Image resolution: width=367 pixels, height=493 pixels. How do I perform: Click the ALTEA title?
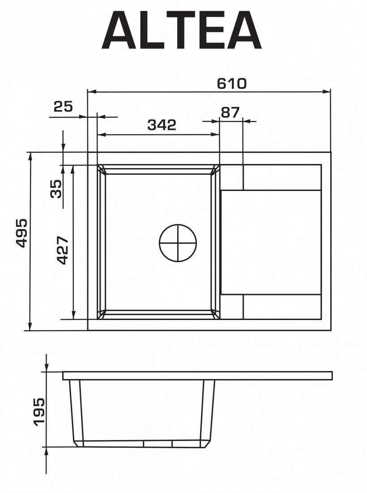point(181,30)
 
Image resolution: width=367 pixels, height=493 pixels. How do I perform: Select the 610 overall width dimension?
point(232,84)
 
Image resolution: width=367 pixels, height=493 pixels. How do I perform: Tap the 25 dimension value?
point(63,107)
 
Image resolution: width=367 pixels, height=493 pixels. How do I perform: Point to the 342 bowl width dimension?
point(162,125)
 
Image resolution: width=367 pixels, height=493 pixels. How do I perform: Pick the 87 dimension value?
point(230,112)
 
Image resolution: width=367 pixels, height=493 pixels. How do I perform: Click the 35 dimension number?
point(56,189)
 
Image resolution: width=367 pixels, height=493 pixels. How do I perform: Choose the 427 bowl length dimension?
point(63,250)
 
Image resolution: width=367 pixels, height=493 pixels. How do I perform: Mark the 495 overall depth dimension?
point(21,233)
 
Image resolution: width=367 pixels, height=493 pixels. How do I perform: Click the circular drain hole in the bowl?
point(178,243)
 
